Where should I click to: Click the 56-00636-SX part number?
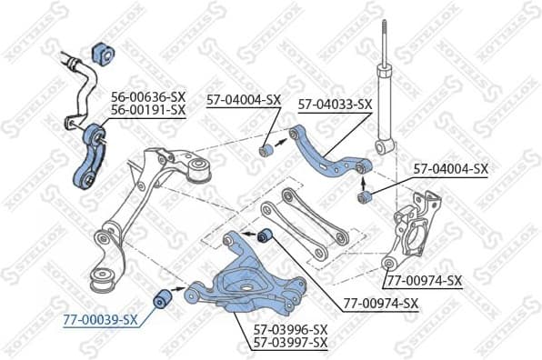(x=148, y=95)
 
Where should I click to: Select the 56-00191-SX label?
(x=148, y=109)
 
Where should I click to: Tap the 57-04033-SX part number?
(x=336, y=105)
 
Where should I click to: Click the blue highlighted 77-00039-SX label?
(x=101, y=319)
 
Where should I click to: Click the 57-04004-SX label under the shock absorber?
(x=451, y=168)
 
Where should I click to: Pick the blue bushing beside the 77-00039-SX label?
(x=159, y=297)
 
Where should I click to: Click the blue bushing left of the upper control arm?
(x=267, y=148)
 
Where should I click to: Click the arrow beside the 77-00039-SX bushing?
(x=176, y=294)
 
